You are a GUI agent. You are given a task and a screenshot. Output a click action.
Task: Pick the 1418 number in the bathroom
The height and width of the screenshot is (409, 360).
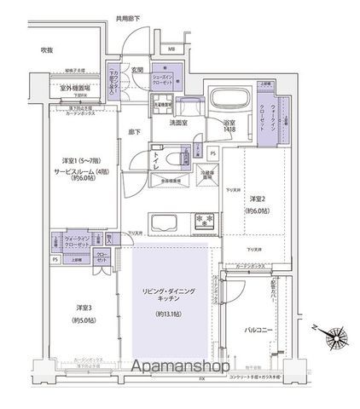coord(229,131)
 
